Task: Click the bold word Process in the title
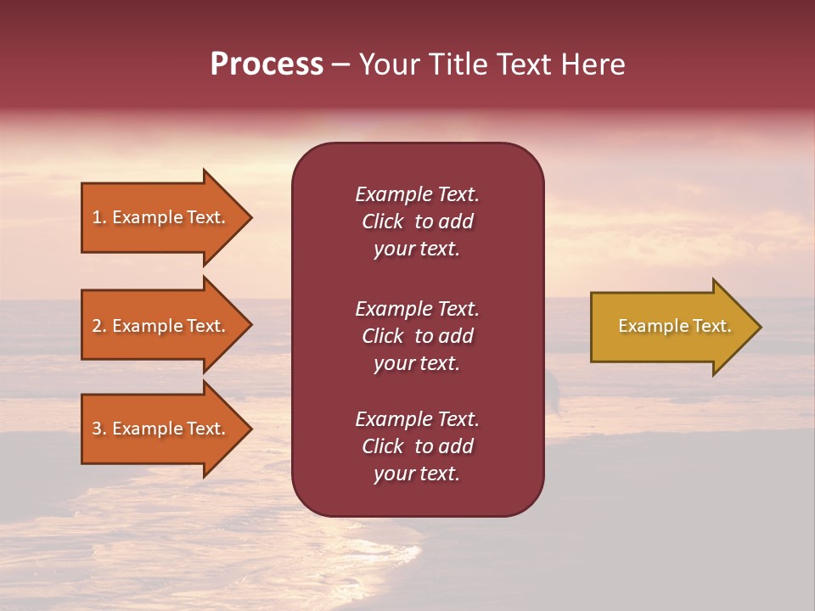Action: [x=267, y=64]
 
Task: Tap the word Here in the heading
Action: [x=594, y=64]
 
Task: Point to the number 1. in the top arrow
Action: [x=99, y=217]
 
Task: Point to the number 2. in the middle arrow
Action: [x=99, y=326]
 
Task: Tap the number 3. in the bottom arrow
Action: [x=99, y=429]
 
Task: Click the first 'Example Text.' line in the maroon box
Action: [x=417, y=194]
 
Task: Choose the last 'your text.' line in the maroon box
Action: [x=417, y=474]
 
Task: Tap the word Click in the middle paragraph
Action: [x=382, y=336]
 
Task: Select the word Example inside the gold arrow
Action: [x=646, y=326]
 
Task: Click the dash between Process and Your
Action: [x=341, y=64]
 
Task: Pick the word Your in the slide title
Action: [x=389, y=64]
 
